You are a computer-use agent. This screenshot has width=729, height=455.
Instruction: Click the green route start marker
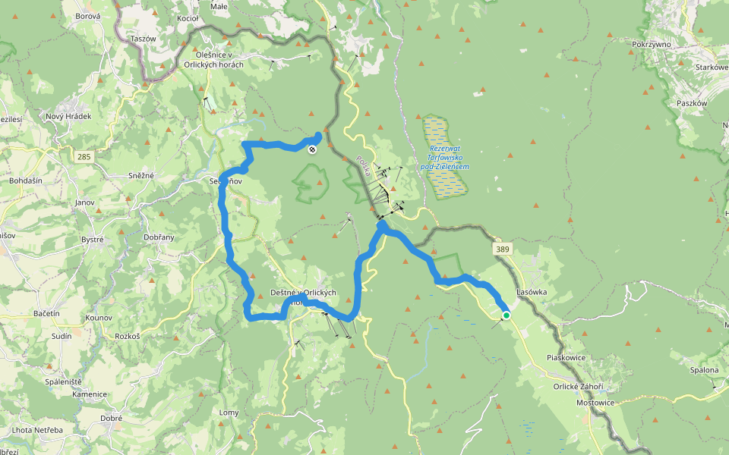tap(507, 315)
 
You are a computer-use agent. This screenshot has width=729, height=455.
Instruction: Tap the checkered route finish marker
tap(312, 149)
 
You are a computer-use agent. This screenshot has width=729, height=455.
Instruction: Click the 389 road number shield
tap(500, 249)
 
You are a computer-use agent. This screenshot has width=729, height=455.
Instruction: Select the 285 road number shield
tap(84, 157)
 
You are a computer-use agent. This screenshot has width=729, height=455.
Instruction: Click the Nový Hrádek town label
tap(68, 117)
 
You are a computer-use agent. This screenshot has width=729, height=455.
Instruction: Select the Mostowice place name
tap(595, 403)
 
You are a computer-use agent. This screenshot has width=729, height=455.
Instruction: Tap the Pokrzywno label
tap(652, 45)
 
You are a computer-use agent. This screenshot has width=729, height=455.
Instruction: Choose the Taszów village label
tap(143, 38)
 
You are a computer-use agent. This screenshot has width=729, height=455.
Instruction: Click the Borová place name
tap(88, 15)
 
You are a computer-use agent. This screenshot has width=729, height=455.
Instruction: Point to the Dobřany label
tap(158, 237)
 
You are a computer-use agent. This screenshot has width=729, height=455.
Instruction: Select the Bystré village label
tap(92, 240)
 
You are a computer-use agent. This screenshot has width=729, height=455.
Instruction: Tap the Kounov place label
tap(99, 318)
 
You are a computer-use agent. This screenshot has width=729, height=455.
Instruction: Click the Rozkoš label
tap(128, 336)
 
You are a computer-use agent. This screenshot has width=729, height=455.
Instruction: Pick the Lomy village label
tap(229, 413)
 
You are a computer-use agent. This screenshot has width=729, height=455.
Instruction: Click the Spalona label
tap(704, 370)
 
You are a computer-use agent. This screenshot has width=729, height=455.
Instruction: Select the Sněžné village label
tap(141, 176)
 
